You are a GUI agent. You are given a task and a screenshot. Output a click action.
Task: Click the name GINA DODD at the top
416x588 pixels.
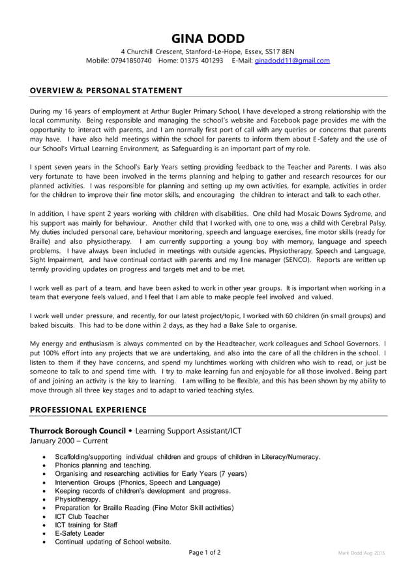coord(208,38)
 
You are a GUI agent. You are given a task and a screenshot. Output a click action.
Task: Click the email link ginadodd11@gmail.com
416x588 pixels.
coord(292,61)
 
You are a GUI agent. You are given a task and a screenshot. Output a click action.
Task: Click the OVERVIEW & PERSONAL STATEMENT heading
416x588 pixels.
coord(106,90)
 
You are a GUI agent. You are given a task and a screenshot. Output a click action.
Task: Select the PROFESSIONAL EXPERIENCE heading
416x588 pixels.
coord(88,409)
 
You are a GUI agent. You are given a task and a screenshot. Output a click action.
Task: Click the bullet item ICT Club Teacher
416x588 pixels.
coord(82,516)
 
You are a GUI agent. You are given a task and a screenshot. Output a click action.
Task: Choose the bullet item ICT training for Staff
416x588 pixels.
coord(86,525)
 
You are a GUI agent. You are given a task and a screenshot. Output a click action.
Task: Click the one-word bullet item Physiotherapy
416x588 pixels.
coord(78,499)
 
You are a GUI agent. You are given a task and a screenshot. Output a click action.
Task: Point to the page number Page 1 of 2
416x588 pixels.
coord(205,553)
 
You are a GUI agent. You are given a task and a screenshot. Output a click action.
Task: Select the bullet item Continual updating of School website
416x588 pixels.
coord(113,542)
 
